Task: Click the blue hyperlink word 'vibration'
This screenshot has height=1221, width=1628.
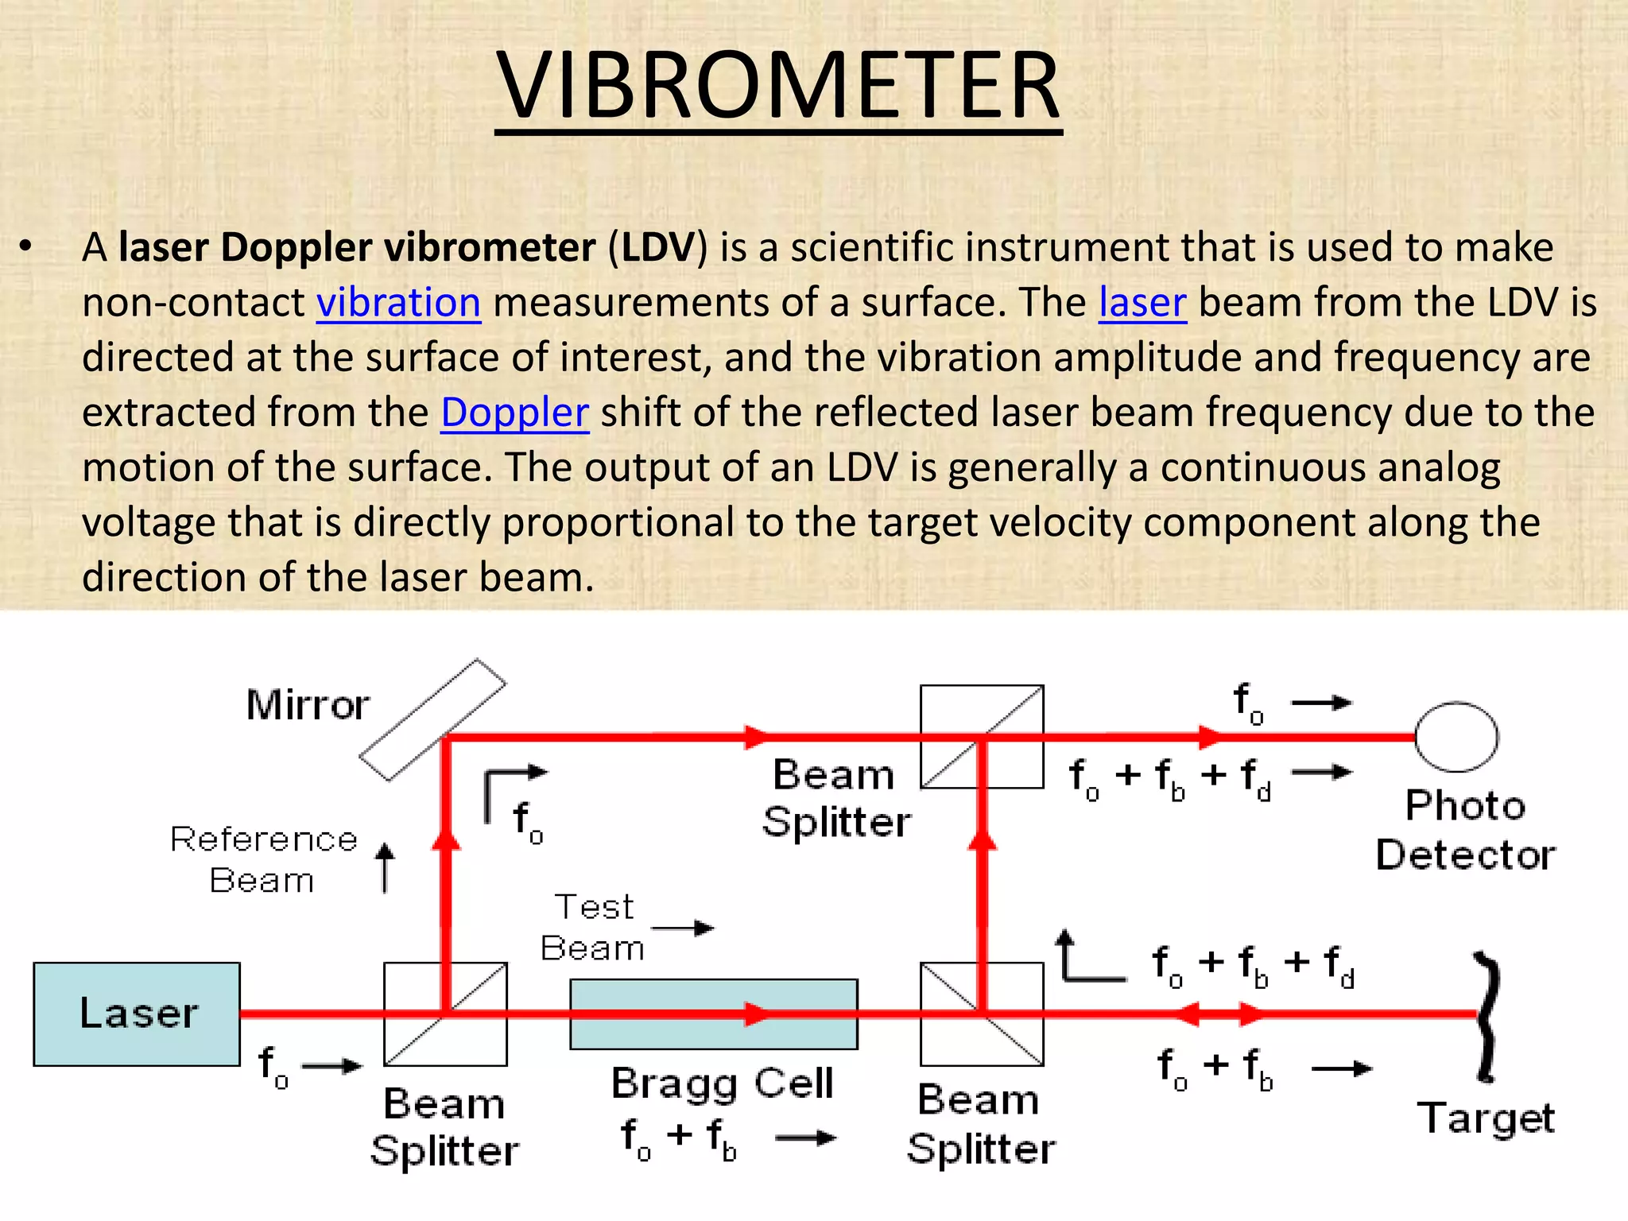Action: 398,303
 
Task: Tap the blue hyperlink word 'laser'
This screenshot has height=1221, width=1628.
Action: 1142,303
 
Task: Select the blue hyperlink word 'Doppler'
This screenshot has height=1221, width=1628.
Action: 514,413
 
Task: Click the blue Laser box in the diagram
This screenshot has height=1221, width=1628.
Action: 137,1014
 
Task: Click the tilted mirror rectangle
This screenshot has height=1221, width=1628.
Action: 432,719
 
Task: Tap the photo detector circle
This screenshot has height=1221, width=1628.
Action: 1456,737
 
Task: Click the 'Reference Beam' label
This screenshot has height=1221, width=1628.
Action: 263,859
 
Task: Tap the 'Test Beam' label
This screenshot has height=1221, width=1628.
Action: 593,927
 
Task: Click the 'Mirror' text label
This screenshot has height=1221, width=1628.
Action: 308,705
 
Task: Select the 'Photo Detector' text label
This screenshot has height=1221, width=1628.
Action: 1465,831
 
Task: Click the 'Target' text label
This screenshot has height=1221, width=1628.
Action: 1486,1118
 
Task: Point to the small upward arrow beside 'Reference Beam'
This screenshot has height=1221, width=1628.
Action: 385,867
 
